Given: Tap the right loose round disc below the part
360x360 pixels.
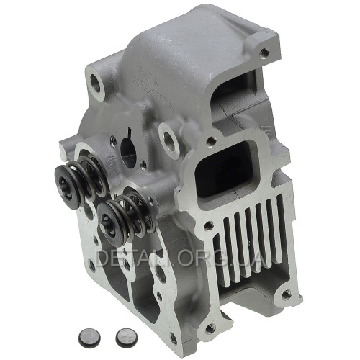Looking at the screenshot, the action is pos(126,336).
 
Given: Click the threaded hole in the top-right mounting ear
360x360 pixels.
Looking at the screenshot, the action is pos(264,52).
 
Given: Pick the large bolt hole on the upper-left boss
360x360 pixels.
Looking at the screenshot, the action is pos(96,83).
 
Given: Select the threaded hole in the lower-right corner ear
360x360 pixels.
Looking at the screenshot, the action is pos(286,294).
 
